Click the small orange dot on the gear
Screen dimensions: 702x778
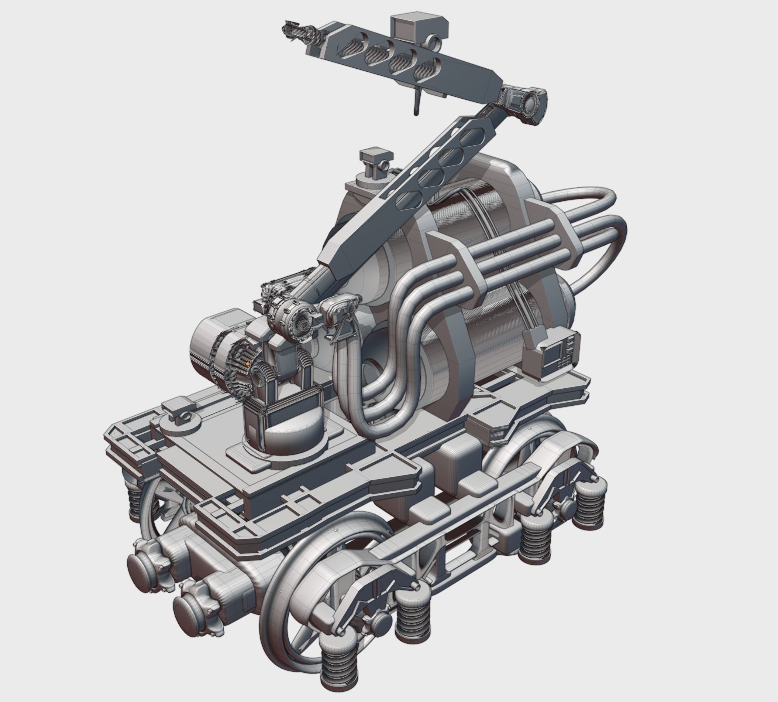pos(248,364)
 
